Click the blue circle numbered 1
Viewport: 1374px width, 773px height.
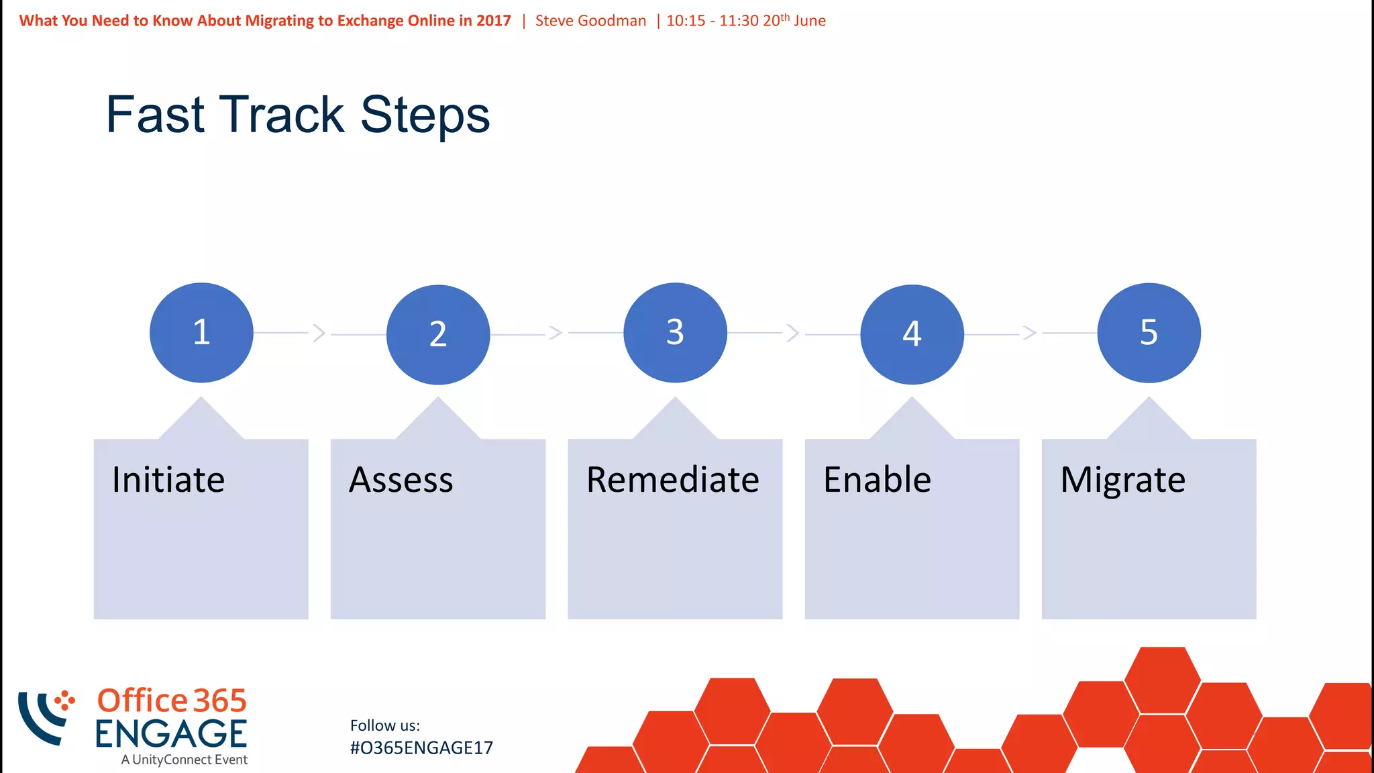201,333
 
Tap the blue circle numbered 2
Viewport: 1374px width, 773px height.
438,334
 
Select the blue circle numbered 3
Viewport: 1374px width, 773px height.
675,333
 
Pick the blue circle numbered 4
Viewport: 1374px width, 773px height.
912,334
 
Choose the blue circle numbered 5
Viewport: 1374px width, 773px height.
1149,333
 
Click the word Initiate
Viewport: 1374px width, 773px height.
168,480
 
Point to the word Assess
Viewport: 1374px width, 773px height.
401,480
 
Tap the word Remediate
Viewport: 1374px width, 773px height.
672,480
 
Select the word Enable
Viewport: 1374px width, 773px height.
877,480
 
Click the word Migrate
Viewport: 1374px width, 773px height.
1122,480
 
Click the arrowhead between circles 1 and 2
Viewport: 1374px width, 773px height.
319,333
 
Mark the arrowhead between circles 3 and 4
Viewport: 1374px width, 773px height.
793,333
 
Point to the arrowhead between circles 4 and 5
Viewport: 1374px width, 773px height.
1030,333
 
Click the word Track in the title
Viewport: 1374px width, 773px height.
282,115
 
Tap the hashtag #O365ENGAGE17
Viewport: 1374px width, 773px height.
421,748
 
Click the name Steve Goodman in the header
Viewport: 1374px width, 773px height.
590,21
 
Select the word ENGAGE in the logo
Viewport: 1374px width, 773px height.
170,734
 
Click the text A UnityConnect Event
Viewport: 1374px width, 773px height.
184,760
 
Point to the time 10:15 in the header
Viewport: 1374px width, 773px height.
686,21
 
